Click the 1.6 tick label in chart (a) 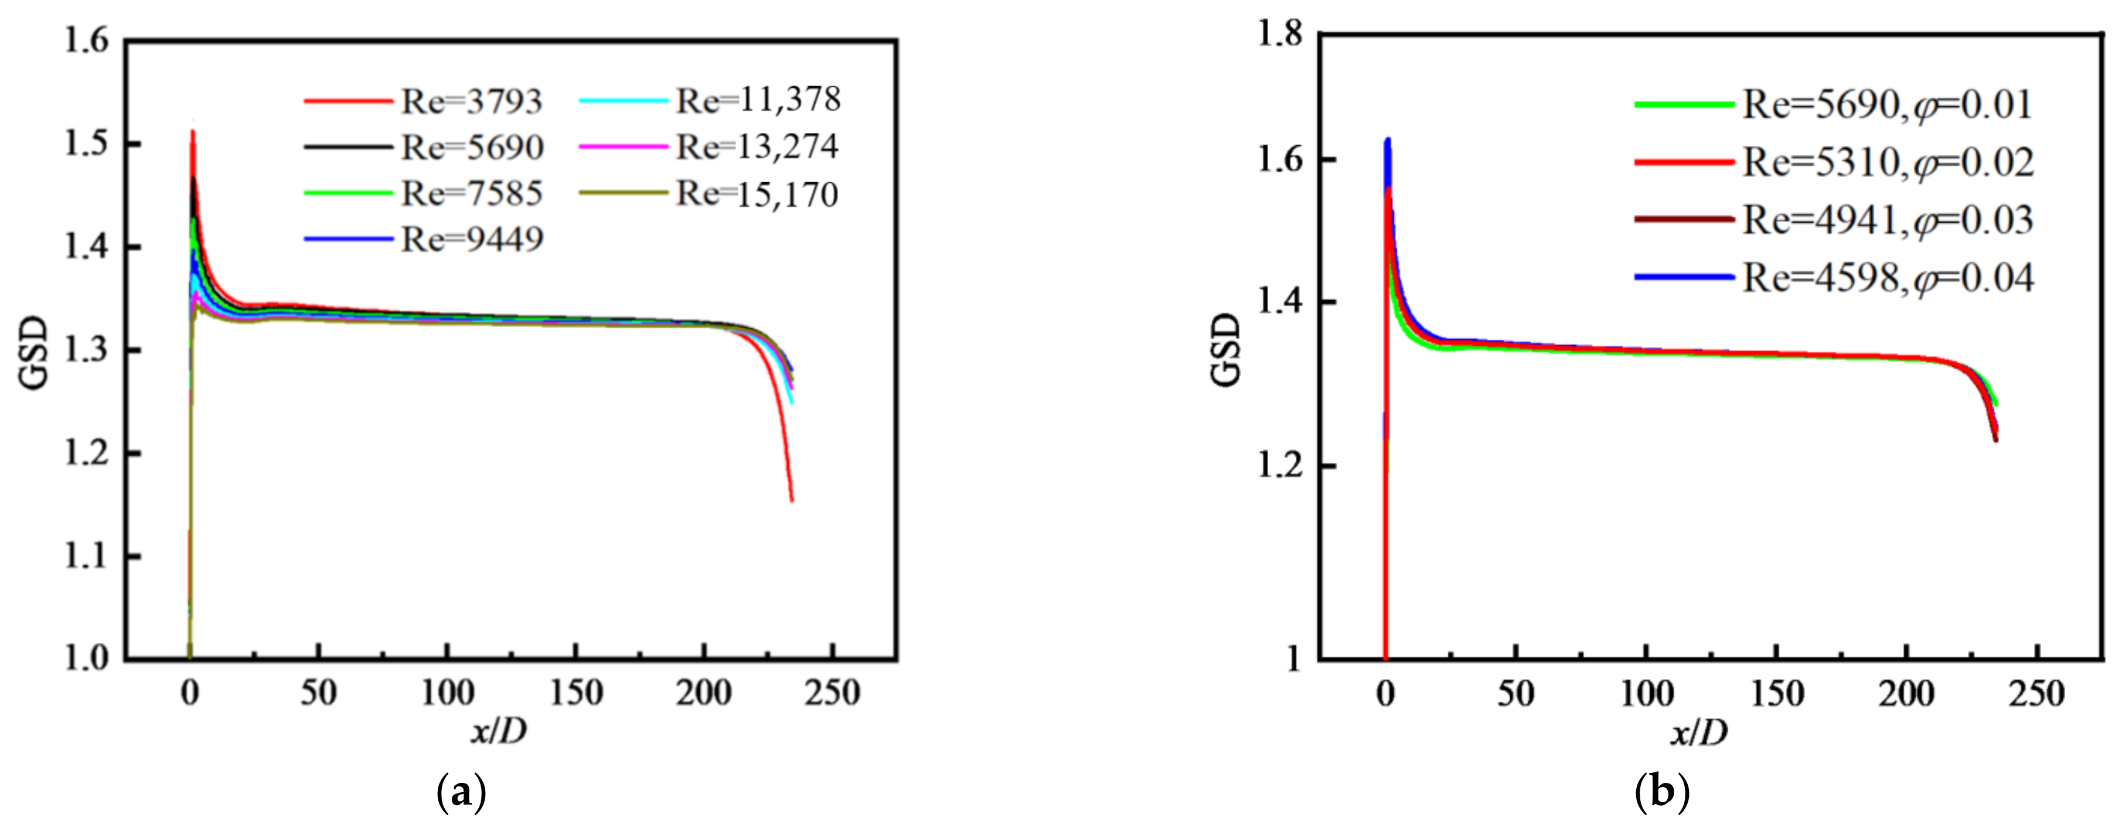(87, 39)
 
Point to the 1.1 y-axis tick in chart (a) (87, 556)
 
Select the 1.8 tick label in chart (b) (1281, 34)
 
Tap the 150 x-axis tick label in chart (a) (576, 693)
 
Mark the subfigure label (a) (459, 793)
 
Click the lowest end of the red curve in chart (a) (792, 500)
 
